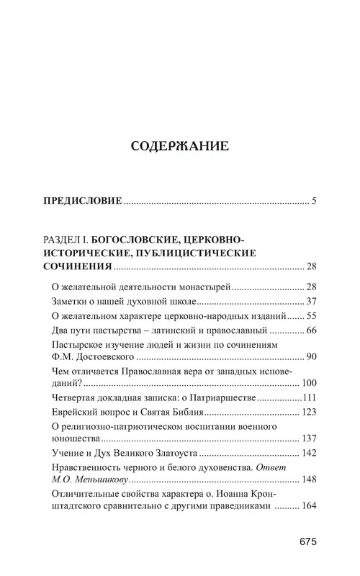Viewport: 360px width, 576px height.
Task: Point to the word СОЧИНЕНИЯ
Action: (73, 269)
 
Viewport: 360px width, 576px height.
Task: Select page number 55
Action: (311, 316)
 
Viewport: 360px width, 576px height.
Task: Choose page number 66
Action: (311, 330)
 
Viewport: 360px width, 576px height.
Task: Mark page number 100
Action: (308, 382)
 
